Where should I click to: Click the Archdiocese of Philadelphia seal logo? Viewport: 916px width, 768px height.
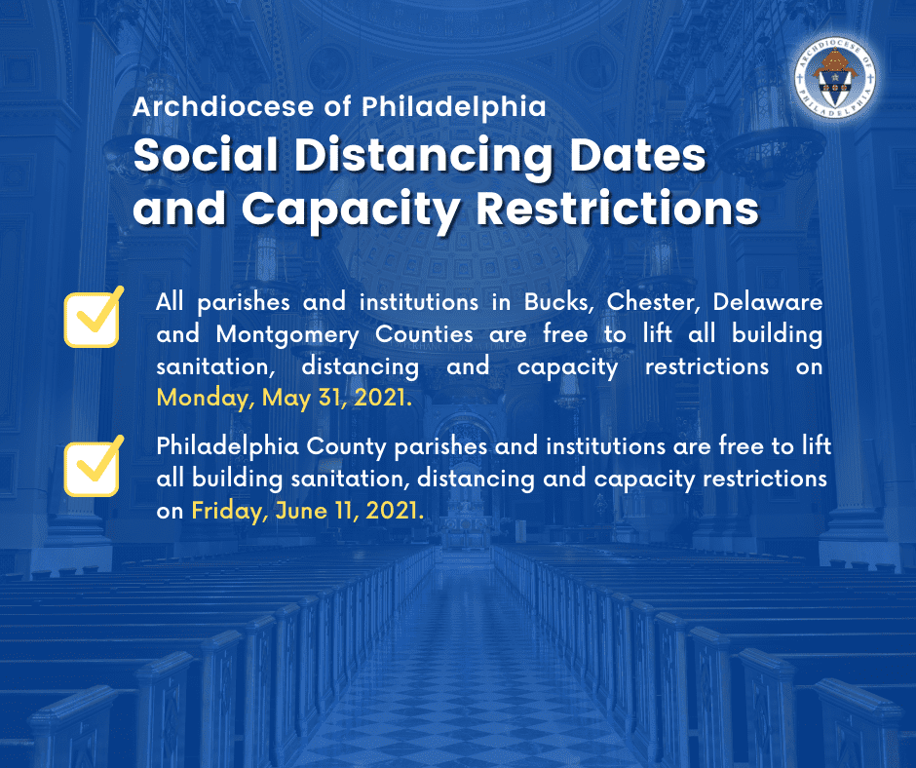point(834,78)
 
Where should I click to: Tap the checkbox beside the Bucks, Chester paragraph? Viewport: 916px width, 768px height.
point(93,319)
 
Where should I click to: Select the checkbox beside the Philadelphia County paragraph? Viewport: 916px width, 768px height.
point(93,468)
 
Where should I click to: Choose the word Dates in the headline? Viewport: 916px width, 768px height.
point(638,155)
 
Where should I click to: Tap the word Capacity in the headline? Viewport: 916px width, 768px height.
point(351,211)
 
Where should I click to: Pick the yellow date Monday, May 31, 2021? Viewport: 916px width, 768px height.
point(284,398)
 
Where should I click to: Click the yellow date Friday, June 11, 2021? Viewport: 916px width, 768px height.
point(307,511)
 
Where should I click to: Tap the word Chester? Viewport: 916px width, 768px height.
point(651,302)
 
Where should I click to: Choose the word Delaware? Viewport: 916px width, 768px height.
point(768,301)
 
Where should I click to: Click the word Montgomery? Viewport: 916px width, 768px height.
point(287,335)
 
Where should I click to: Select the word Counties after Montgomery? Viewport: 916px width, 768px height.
point(424,334)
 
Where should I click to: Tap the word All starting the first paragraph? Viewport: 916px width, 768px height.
point(170,301)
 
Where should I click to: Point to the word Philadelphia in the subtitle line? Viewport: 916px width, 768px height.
point(454,106)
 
